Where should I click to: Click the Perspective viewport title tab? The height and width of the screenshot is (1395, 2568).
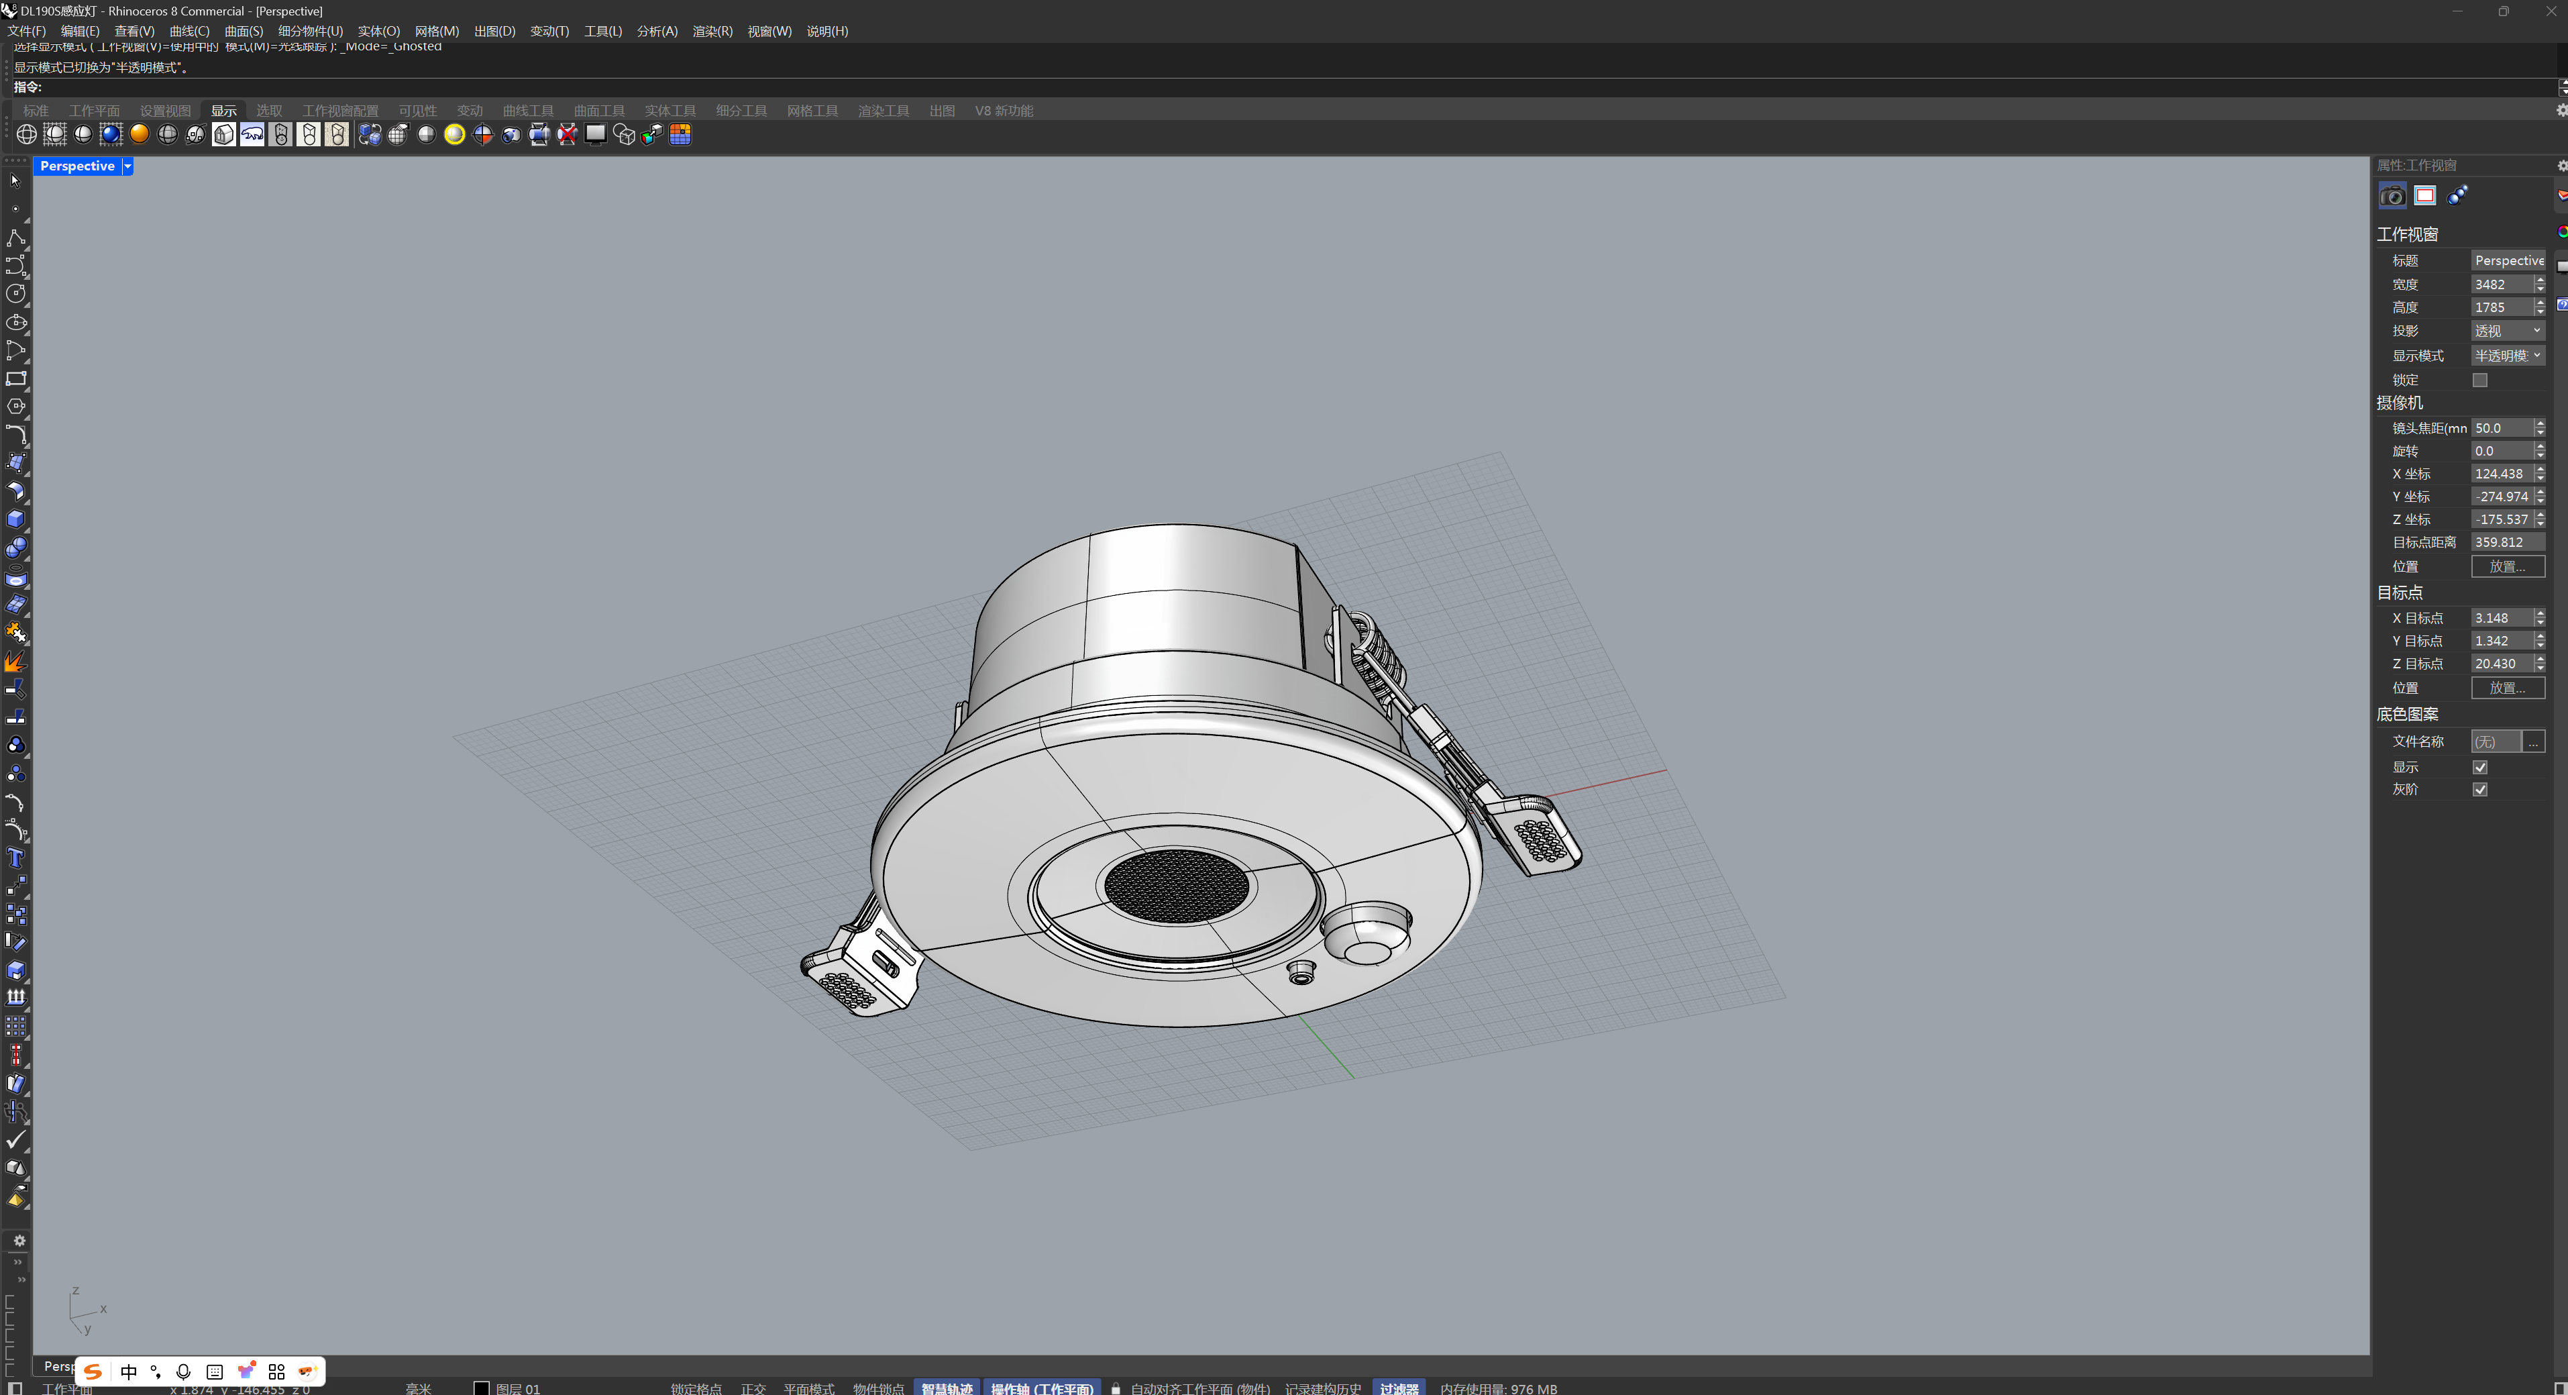coord(76,166)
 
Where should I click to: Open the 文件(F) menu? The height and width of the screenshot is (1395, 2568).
coord(27,31)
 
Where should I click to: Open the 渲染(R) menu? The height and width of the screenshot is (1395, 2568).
coord(712,31)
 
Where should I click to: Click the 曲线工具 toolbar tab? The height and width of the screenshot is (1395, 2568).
coord(527,111)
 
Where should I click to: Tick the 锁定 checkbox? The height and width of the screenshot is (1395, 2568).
coord(2479,380)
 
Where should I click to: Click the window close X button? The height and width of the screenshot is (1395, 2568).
coord(2550,11)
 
